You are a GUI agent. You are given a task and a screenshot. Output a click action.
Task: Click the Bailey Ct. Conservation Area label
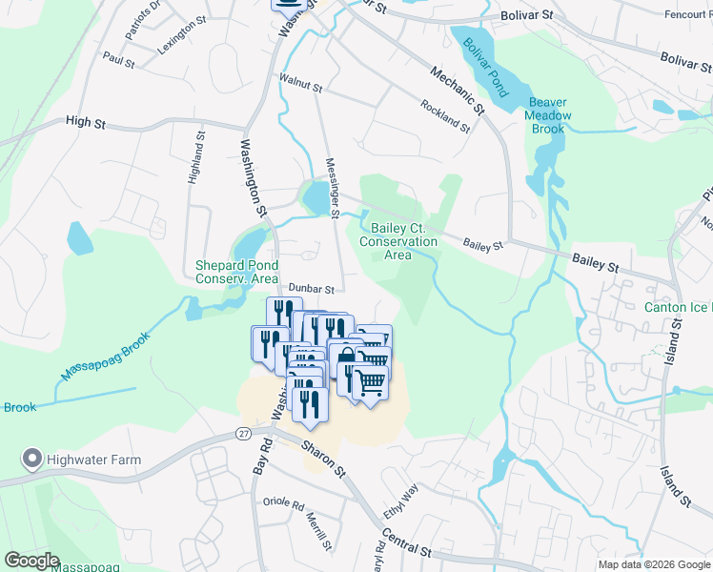tap(398, 241)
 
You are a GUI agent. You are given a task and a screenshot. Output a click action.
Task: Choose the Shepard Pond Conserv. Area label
tap(236, 272)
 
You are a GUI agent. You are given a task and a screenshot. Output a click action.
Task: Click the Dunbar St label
tap(312, 288)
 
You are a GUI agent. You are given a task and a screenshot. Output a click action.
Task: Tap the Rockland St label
tap(445, 115)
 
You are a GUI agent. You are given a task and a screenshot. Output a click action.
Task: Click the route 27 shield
tap(244, 434)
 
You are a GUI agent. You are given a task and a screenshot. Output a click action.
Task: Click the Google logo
tap(31, 561)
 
